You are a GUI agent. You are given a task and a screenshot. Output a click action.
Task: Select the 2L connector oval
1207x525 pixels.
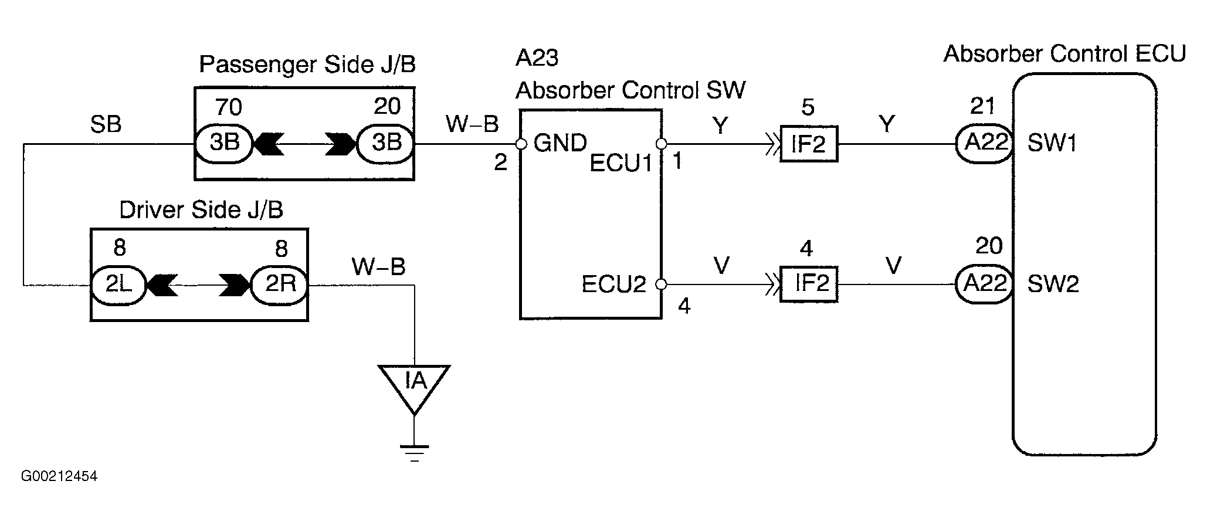tap(118, 285)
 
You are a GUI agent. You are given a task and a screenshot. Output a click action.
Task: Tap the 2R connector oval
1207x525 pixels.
tap(280, 285)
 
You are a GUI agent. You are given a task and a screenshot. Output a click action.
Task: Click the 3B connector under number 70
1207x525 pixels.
tap(223, 143)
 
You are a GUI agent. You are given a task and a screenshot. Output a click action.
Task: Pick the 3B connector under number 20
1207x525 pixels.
tap(386, 143)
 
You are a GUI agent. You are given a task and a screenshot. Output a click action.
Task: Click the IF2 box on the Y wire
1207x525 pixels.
tap(809, 143)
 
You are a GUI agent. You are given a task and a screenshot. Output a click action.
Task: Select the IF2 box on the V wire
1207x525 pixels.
tap(809, 284)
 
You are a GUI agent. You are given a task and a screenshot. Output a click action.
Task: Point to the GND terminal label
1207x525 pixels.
tap(560, 143)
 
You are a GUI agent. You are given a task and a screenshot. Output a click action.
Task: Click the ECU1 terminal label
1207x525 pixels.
tap(621, 164)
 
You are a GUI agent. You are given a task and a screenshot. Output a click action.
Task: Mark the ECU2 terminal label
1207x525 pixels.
tap(613, 284)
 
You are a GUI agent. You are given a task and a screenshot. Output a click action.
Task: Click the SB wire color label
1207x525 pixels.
tap(106, 124)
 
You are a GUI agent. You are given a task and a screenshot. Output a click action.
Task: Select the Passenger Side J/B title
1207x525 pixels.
tap(307, 65)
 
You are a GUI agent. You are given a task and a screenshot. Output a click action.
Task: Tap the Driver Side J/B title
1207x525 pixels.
tap(201, 209)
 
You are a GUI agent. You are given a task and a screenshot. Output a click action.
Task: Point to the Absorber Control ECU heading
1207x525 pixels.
tap(1064, 53)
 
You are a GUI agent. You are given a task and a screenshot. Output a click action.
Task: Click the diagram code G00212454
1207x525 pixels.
tap(59, 476)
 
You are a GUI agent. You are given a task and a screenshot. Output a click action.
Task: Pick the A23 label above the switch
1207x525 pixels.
tap(537, 57)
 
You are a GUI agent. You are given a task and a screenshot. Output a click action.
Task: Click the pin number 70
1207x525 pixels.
tap(228, 107)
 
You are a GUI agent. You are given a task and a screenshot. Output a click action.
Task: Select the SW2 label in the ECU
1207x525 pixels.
tap(1053, 284)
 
